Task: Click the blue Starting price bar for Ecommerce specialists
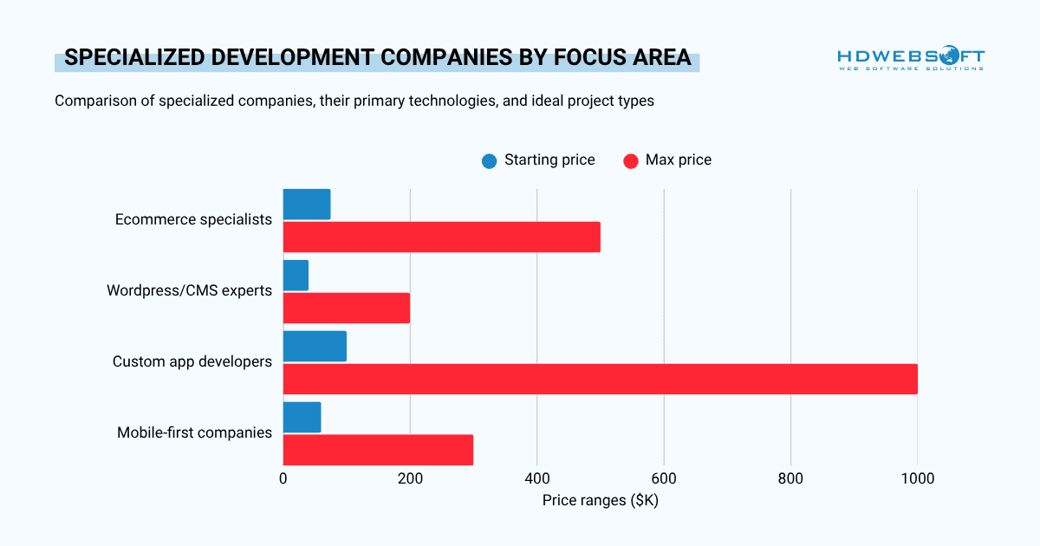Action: coord(307,205)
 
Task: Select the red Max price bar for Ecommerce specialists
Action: coord(441,237)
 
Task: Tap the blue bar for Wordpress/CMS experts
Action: coord(296,276)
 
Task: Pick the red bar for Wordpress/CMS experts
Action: coord(347,308)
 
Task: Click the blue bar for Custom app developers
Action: coord(315,347)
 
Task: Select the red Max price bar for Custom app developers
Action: coord(601,379)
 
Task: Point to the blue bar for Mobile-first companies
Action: coord(302,418)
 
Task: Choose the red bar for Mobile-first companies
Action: coord(378,450)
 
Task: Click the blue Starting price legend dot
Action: coord(490,161)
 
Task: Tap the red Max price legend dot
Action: coord(631,161)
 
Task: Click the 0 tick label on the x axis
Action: coord(283,478)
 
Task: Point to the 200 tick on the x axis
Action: coord(410,478)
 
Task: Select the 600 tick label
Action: coord(664,478)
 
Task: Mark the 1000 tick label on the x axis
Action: coord(918,478)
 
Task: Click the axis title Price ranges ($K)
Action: coord(601,501)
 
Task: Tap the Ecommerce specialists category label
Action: coord(193,219)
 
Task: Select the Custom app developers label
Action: coord(192,361)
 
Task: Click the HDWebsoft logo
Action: coord(911,58)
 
